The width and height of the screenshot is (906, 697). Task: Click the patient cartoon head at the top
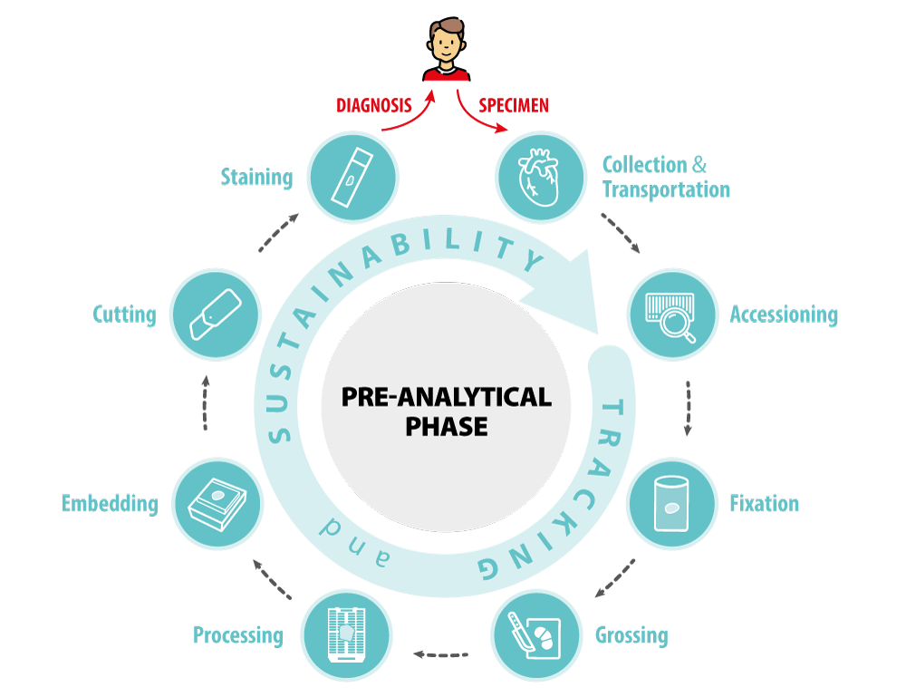click(x=446, y=43)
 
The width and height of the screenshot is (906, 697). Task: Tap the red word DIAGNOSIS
click(x=373, y=106)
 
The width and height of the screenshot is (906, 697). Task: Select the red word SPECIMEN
click(x=513, y=106)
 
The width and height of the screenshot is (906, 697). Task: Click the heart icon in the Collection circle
click(x=541, y=177)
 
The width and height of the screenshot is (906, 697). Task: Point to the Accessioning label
click(x=784, y=315)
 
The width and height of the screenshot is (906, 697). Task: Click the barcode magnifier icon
click(x=671, y=315)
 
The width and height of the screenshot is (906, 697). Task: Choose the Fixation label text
click(x=764, y=503)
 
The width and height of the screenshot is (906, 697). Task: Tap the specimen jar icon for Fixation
click(x=671, y=503)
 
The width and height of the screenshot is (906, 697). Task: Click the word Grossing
click(x=631, y=634)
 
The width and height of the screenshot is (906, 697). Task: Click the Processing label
click(x=237, y=634)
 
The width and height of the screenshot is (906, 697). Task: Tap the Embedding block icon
click(x=217, y=503)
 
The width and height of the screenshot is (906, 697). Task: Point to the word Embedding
click(x=110, y=503)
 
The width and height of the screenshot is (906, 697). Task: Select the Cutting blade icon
click(x=215, y=315)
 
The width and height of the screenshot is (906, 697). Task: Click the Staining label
click(x=256, y=176)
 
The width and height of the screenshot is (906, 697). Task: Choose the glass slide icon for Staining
click(x=352, y=177)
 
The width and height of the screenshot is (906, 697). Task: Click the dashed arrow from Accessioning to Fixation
click(x=688, y=408)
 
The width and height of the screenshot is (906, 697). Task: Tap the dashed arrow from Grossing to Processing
click(x=440, y=652)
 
